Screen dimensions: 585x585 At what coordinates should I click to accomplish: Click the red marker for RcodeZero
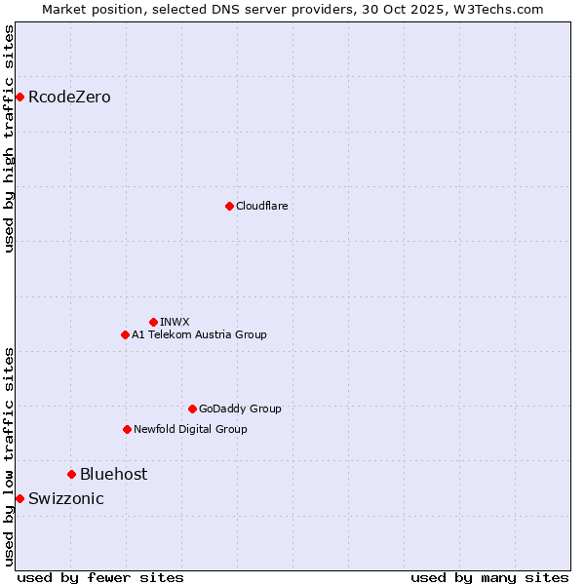(x=19, y=97)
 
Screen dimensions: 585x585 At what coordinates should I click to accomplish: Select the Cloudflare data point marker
(x=229, y=206)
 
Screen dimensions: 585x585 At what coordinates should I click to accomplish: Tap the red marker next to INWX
(x=153, y=322)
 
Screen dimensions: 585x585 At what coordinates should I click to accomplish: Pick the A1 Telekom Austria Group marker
(x=125, y=334)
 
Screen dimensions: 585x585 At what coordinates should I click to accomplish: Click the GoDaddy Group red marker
(x=192, y=409)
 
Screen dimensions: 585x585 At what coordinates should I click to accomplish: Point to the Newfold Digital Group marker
(x=127, y=429)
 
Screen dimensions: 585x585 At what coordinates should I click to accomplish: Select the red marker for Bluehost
(x=71, y=474)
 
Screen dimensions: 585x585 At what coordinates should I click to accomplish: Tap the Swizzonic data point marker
(x=19, y=498)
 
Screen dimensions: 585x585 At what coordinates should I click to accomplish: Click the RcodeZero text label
(x=69, y=97)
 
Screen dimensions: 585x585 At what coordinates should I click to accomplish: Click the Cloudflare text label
(x=261, y=206)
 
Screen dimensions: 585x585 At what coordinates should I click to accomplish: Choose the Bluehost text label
(x=113, y=474)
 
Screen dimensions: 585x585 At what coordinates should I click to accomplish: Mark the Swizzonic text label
(x=65, y=498)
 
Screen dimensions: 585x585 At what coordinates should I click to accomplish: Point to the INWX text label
(x=175, y=322)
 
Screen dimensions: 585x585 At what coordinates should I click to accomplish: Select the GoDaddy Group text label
(x=240, y=409)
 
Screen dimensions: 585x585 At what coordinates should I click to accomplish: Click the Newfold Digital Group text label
(x=190, y=429)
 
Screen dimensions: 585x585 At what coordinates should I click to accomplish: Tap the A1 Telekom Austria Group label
(x=199, y=334)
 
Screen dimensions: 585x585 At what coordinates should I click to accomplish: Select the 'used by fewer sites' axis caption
(x=100, y=577)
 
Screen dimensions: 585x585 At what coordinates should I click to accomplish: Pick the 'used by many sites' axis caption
(x=489, y=577)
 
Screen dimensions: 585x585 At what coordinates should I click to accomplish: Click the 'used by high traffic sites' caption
(x=9, y=138)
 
